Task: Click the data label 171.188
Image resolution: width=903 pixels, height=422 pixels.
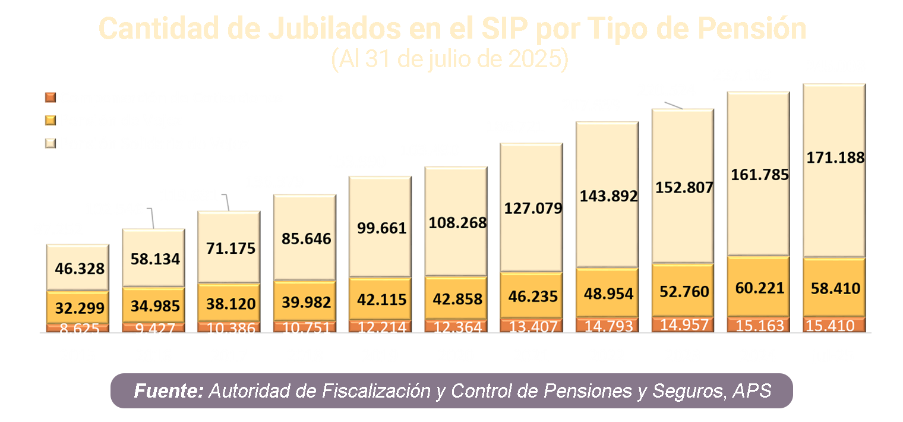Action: pos(835,158)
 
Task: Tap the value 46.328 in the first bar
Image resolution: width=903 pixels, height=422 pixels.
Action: pos(80,268)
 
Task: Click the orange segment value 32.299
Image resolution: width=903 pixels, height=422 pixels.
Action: pos(80,308)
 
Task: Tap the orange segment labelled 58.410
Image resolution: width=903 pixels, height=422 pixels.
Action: pos(835,289)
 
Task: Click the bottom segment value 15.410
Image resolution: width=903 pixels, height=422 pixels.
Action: pos(835,326)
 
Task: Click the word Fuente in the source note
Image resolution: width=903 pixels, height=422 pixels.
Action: pos(169,391)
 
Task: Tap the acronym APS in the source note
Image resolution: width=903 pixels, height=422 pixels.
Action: pos(752,391)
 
